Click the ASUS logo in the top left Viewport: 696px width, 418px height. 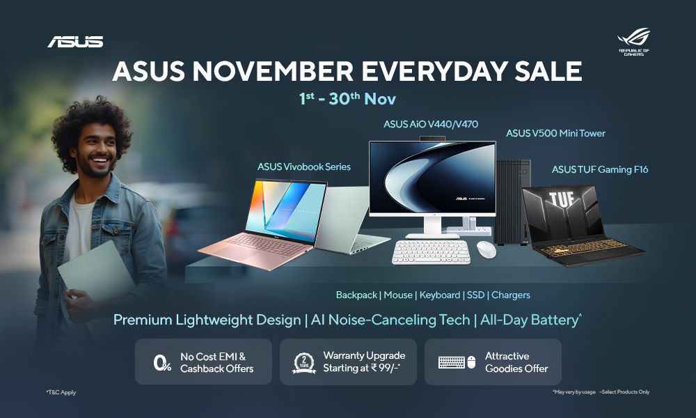[x=75, y=42]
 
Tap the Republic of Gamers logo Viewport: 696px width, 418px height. [x=633, y=40]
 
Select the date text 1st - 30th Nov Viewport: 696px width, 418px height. [x=347, y=99]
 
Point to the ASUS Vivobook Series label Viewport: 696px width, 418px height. [x=304, y=167]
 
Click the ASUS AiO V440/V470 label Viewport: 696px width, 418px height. [x=431, y=125]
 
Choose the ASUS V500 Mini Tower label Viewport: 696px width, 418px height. [x=555, y=133]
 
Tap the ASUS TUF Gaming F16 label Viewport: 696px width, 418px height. [x=600, y=169]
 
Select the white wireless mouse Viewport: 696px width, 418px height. [x=487, y=249]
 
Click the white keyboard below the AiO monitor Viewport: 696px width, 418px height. [x=431, y=252]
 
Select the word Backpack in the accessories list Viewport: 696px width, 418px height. [x=356, y=295]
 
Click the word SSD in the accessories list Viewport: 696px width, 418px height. [x=475, y=295]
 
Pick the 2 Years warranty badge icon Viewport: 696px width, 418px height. [x=303, y=362]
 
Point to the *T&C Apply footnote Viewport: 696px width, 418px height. [x=61, y=392]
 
